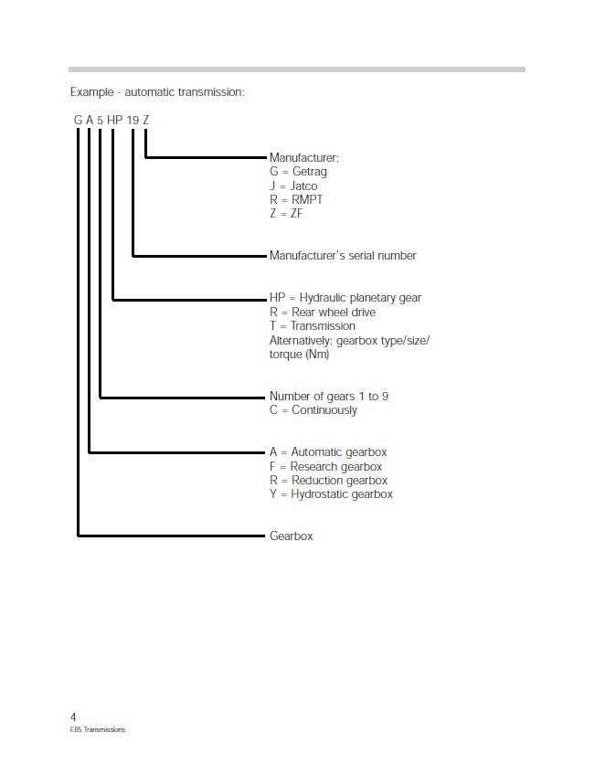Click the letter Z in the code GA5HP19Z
[145, 120]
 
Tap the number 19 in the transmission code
[133, 120]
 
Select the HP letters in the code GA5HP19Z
[114, 120]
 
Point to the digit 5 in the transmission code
[100, 120]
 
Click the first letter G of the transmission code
[78, 120]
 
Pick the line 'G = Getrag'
[298, 172]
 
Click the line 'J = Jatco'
[293, 186]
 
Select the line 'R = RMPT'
[296, 200]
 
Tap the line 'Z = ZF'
[286, 214]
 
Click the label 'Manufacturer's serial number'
[343, 255]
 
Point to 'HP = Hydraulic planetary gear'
[345, 298]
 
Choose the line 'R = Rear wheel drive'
[323, 312]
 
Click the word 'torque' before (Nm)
[285, 355]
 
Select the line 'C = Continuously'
[313, 410]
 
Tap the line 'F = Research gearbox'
[326, 467]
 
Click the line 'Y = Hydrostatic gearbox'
[332, 494]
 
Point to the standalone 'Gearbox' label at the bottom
[292, 536]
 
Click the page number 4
[73, 716]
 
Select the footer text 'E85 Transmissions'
[98, 729]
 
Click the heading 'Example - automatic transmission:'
[157, 92]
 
